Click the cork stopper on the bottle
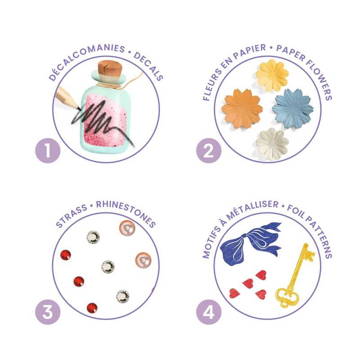[x=110, y=68]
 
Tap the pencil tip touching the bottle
[x=78, y=108]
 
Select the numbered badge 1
[x=48, y=151]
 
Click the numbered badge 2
[x=209, y=151]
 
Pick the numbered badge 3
[x=48, y=312]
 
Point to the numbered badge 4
[x=209, y=312]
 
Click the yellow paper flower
[x=273, y=75]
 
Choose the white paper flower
[x=272, y=144]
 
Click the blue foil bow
[x=250, y=243]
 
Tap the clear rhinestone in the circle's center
[x=108, y=267]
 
